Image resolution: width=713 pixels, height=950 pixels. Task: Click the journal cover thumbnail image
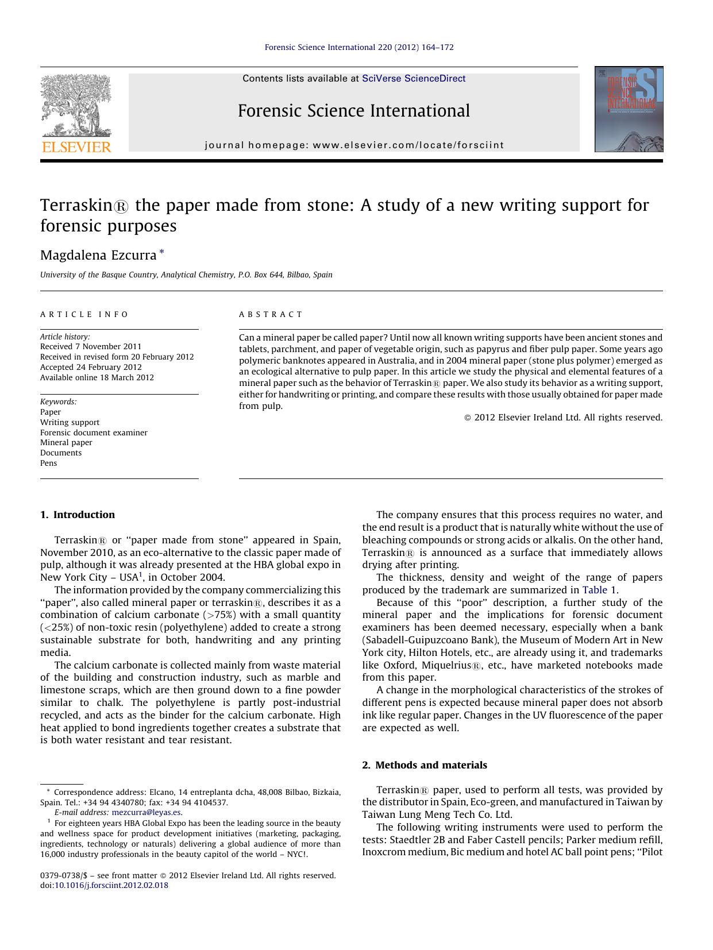(x=629, y=109)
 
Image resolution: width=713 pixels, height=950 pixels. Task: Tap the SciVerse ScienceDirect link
(x=414, y=79)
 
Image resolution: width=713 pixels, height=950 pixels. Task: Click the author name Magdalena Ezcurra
(x=98, y=255)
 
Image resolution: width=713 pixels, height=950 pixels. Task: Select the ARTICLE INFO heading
(x=84, y=314)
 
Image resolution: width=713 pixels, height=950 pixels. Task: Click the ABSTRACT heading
(x=271, y=314)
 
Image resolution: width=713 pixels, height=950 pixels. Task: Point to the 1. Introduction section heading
(x=78, y=515)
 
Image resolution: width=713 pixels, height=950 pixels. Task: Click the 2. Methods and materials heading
(x=425, y=765)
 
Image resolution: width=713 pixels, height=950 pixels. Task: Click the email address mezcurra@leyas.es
(x=147, y=813)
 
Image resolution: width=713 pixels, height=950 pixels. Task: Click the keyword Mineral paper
(x=66, y=442)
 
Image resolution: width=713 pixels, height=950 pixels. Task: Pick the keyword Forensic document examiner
(x=94, y=432)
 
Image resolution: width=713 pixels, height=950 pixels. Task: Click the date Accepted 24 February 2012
(x=91, y=367)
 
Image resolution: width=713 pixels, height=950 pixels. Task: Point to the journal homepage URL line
(x=354, y=145)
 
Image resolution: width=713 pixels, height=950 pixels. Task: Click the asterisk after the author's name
(x=161, y=252)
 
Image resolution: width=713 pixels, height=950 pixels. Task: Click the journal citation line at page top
(x=359, y=47)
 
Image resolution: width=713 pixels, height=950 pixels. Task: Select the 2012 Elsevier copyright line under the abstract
(x=563, y=418)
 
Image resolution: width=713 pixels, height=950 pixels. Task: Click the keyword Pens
(x=49, y=463)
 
